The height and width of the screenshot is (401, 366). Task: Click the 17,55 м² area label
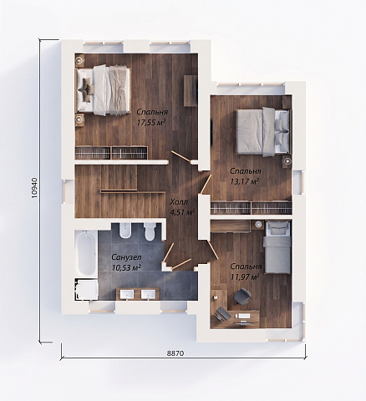[151, 122]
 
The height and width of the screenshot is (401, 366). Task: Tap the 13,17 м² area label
[245, 181]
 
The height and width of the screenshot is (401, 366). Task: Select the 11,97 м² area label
[245, 277]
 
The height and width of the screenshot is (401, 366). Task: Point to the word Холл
[179, 201]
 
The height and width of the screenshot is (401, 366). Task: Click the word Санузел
[126, 256]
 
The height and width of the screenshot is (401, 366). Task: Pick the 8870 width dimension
[175, 353]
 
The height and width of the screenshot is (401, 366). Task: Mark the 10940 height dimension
[34, 188]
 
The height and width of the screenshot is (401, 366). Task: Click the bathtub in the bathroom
[86, 252]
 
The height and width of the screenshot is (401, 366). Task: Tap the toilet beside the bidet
[150, 231]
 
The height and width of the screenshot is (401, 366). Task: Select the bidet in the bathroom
[125, 231]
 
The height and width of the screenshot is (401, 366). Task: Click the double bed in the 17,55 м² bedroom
[104, 90]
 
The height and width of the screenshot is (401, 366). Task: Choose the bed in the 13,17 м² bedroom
[262, 131]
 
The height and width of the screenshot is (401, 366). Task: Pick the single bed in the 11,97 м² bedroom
[277, 247]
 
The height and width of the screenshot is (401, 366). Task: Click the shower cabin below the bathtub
[86, 290]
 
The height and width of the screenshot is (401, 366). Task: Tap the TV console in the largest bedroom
[191, 91]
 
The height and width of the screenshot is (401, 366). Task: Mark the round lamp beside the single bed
[259, 224]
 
